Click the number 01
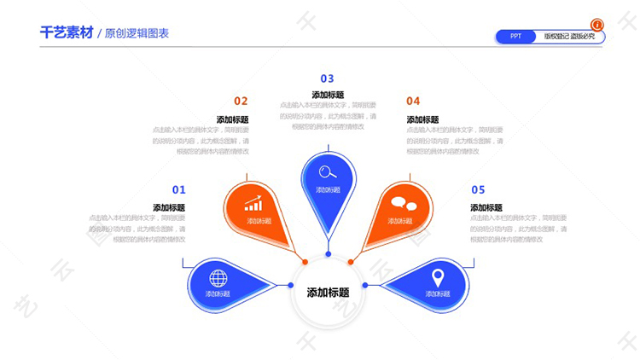[178, 189]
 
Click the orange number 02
[241, 101]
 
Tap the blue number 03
[328, 78]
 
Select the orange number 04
[413, 101]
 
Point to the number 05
[478, 189]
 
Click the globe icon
[218, 277]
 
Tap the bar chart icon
[253, 205]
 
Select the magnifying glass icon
[328, 171]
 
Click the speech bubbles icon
[404, 204]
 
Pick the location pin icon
[438, 277]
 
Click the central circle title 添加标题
[328, 293]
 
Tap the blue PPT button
[516, 37]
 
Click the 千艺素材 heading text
[66, 33]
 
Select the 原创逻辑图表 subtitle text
[137, 34]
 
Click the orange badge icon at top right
[597, 25]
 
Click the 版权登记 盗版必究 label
[569, 37]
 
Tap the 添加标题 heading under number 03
[328, 95]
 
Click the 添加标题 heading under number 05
[486, 207]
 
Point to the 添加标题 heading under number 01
[169, 207]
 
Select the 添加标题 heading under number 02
[232, 119]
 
